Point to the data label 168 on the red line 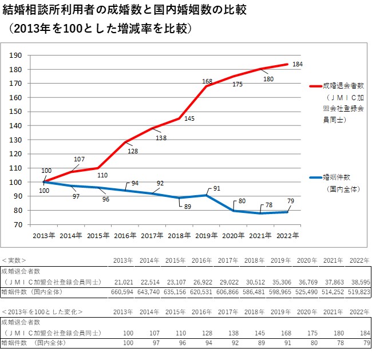[x=208, y=82]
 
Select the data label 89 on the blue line [x=188, y=207]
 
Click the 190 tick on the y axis [x=16, y=56]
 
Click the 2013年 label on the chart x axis [x=44, y=235]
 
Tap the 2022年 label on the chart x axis [x=288, y=235]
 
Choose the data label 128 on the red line [x=133, y=151]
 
